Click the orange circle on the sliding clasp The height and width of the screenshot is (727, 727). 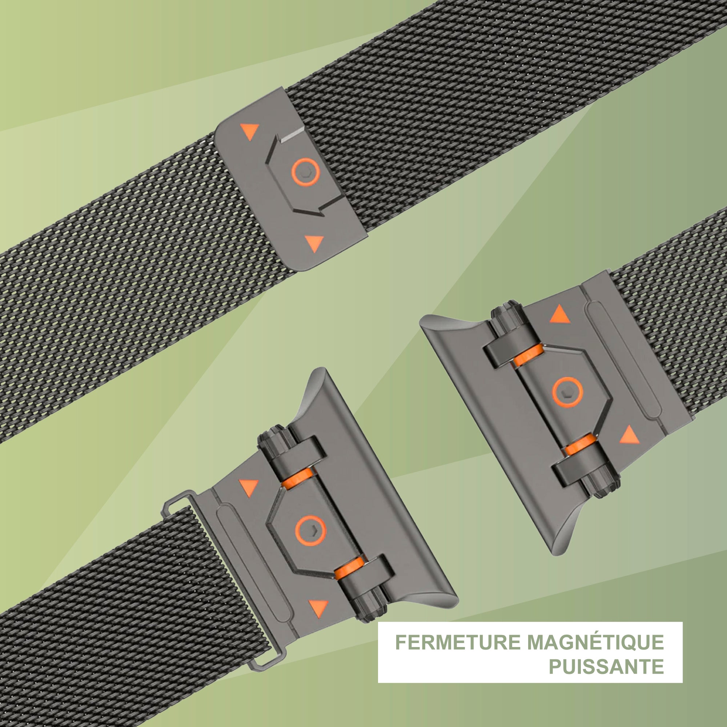point(306,172)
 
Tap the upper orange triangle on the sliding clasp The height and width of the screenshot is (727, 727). point(250,131)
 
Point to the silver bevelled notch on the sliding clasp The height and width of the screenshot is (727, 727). point(292,134)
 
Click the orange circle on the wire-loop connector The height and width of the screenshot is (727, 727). point(310,530)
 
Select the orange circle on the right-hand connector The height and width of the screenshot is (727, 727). point(567,392)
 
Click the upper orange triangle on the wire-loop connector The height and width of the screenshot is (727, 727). point(249,487)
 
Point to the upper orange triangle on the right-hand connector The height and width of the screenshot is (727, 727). point(560,314)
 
